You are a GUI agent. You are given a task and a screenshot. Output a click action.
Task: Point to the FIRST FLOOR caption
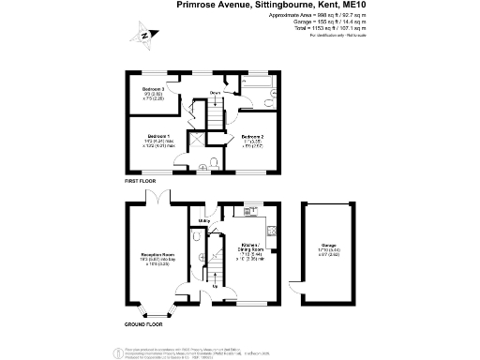click(x=141, y=180)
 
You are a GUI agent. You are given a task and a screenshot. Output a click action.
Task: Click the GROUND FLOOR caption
click(x=143, y=323)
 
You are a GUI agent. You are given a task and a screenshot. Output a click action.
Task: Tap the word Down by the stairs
click(x=215, y=93)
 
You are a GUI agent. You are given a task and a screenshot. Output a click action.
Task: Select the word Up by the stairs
click(x=215, y=286)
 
